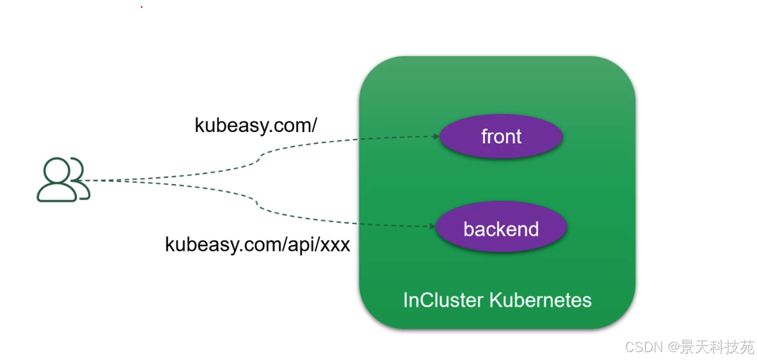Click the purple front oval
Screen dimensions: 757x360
point(501,137)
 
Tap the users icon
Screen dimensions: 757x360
point(64,179)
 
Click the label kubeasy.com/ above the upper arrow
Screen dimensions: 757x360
point(256,125)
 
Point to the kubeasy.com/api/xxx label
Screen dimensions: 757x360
point(258,244)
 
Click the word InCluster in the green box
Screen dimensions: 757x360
point(443,300)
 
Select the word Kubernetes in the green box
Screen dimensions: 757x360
point(541,300)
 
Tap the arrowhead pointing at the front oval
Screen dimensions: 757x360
point(436,137)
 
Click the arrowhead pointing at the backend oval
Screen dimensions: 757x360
point(432,226)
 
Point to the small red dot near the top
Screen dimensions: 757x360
point(141,7)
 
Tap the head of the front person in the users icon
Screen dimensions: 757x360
point(57,169)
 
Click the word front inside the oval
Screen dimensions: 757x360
point(501,137)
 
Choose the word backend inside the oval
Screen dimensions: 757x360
point(501,229)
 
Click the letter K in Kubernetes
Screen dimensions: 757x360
point(496,300)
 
